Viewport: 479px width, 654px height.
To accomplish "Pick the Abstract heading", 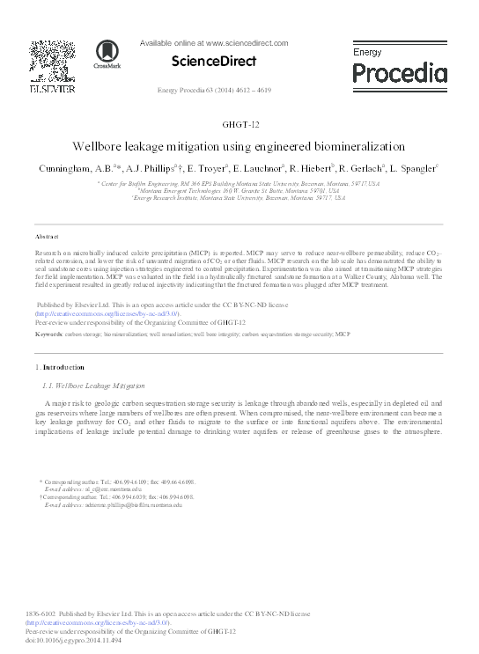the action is pos(47,238).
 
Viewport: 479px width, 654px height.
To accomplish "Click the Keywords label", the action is pos(49,334).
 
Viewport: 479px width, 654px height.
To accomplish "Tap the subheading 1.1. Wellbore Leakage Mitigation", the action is pos(93,386).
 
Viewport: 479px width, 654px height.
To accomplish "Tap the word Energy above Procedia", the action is pos(368,53).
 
